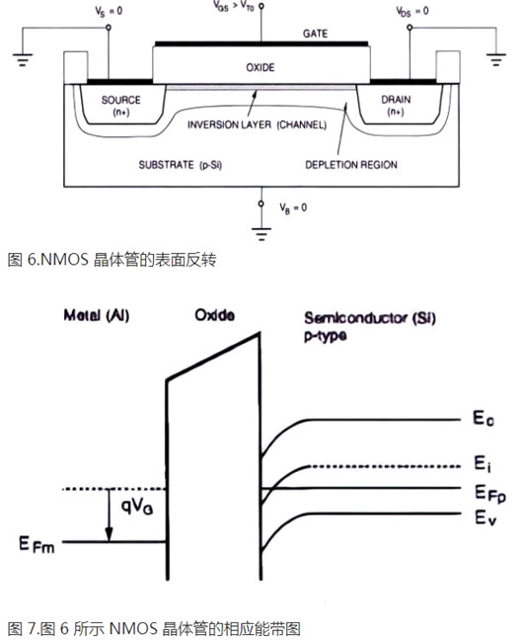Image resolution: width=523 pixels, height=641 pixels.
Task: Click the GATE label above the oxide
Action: click(x=315, y=34)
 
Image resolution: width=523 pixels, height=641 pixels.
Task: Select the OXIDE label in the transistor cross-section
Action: click(x=260, y=67)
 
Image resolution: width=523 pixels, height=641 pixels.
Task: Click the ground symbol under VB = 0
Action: click(x=261, y=234)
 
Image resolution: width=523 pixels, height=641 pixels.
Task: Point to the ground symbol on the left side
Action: click(x=21, y=61)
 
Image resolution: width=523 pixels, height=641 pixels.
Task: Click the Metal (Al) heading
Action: click(x=97, y=316)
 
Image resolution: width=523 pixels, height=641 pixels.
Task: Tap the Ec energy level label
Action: click(x=483, y=420)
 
